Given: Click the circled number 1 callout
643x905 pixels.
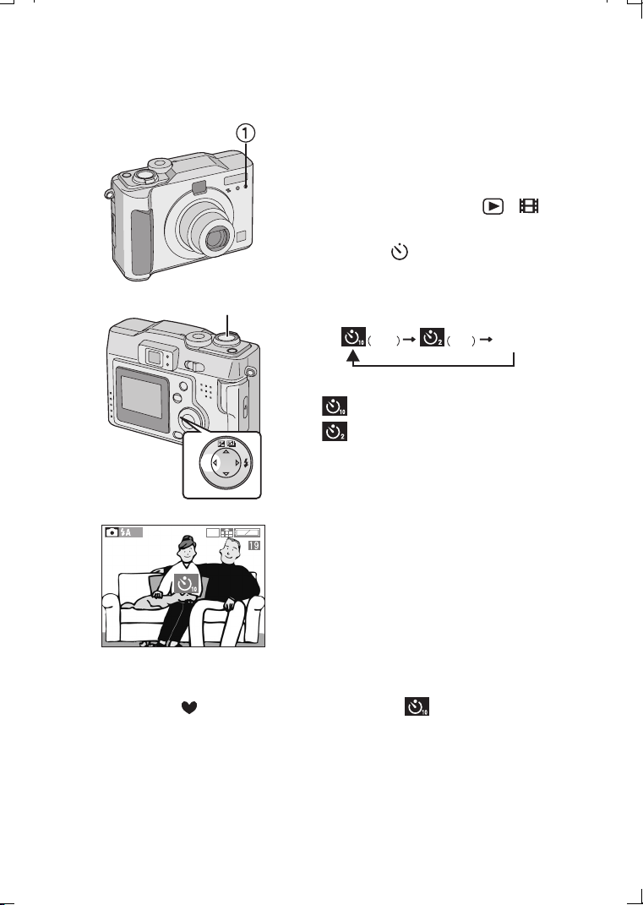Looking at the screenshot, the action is point(245,134).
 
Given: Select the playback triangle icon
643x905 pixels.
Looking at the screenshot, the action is point(493,206).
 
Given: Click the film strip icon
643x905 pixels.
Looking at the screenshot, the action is point(529,206).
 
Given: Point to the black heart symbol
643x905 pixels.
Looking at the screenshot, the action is point(189,707).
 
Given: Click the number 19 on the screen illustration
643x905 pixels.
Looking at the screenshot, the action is point(254,545).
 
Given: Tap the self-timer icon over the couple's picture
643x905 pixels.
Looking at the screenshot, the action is point(187,585).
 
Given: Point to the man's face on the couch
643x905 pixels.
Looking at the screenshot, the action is point(229,553).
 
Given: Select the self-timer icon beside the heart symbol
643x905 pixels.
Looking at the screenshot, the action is point(417,706).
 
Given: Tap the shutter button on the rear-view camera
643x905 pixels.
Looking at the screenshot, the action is point(228,339).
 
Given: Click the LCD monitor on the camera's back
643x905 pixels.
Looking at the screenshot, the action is point(141,396).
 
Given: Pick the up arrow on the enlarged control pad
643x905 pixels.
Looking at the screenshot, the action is point(226,453).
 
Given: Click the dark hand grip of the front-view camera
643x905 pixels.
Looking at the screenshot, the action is point(141,242).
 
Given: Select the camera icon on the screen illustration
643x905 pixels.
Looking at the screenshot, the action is point(112,532).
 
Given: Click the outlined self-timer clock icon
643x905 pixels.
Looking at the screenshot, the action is point(400,252).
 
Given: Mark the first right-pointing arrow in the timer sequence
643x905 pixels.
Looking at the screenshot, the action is point(409,340).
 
